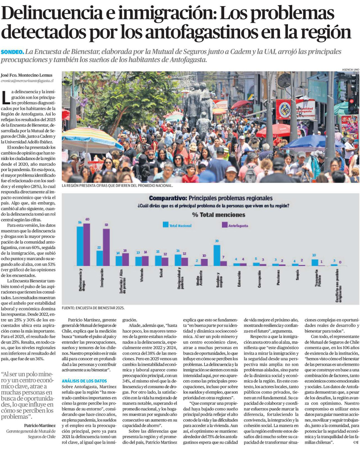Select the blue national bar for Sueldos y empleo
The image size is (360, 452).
pos(217,255)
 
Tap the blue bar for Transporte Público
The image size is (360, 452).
pos(315,263)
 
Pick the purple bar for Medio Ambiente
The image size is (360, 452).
pos(204,262)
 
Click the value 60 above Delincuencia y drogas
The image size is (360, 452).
pos(87,219)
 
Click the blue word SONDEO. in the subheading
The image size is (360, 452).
pos(13,52)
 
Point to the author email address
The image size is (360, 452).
pos(27,81)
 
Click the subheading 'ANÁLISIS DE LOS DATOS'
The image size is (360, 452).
pos(84,381)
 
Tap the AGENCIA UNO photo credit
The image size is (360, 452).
pos(350,69)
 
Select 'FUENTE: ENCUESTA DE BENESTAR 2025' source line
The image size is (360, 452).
pos(93,308)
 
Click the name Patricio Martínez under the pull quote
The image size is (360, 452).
pos(40,425)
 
